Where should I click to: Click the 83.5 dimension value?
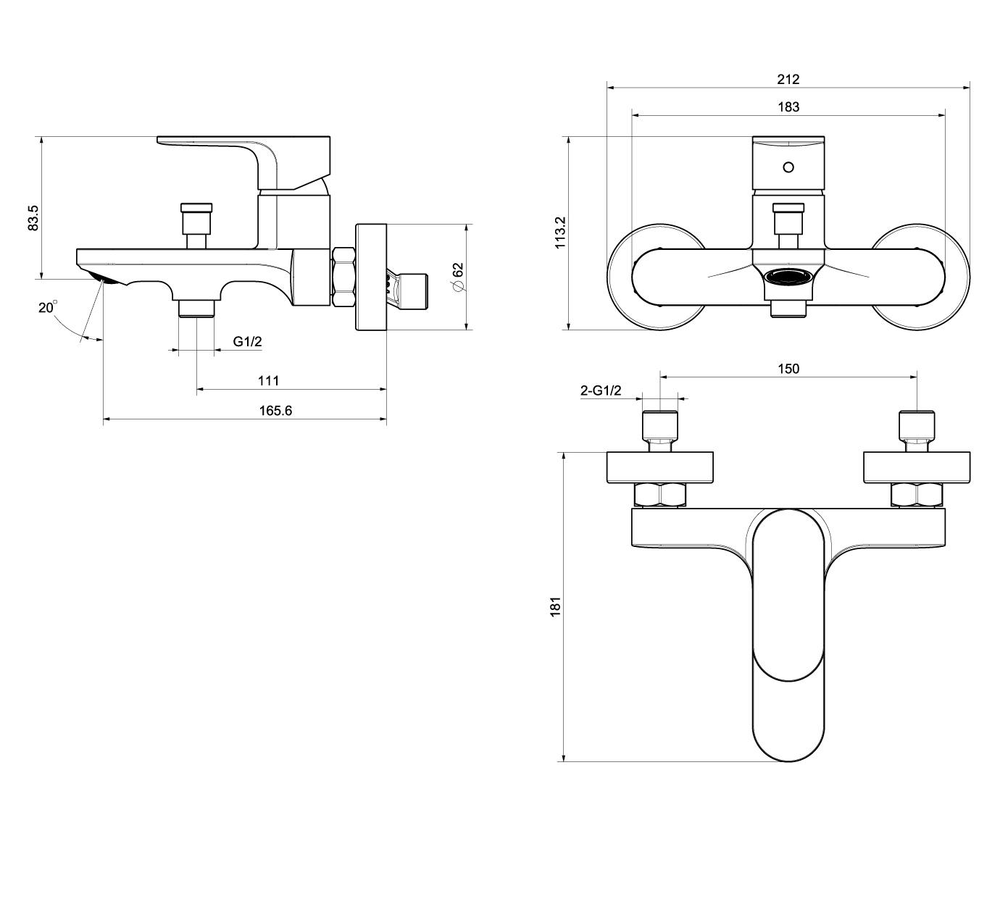click(x=33, y=218)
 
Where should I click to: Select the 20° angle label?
click(x=47, y=308)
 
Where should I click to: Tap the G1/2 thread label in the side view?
click(x=247, y=341)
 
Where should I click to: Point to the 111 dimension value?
click(x=268, y=380)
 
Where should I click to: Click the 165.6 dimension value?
click(x=275, y=411)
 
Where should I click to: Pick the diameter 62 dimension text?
click(x=457, y=277)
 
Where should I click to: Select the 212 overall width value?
click(x=788, y=79)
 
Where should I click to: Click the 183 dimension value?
click(x=788, y=107)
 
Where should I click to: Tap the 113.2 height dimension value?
click(x=560, y=233)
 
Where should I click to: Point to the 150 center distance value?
click(x=788, y=369)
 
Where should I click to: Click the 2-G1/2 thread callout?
click(x=601, y=391)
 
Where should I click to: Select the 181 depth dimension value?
click(x=556, y=606)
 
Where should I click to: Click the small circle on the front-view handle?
click(x=788, y=167)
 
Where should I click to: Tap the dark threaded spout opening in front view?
click(x=788, y=277)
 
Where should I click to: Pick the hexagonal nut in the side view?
click(x=343, y=277)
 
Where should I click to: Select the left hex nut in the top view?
click(x=659, y=496)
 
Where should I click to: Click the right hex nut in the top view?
click(x=917, y=496)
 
